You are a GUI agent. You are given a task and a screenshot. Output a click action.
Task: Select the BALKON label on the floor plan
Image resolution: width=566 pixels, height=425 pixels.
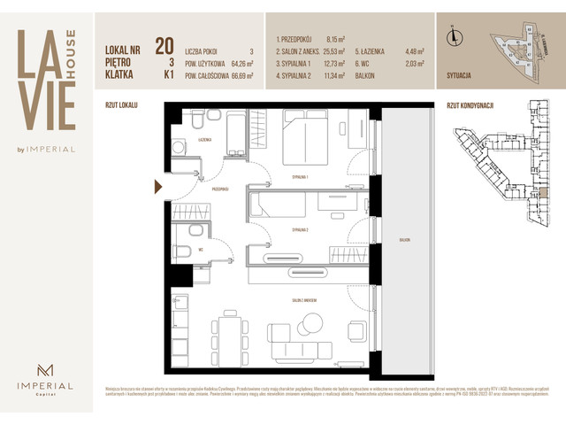pos(405,240)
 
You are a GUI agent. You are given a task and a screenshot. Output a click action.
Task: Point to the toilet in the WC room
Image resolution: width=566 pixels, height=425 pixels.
pos(181,253)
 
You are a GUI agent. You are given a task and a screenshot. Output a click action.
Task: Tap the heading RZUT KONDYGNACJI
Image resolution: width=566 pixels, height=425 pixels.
pos(470,105)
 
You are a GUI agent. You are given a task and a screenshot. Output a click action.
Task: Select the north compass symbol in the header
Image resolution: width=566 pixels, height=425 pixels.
pos(455,36)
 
